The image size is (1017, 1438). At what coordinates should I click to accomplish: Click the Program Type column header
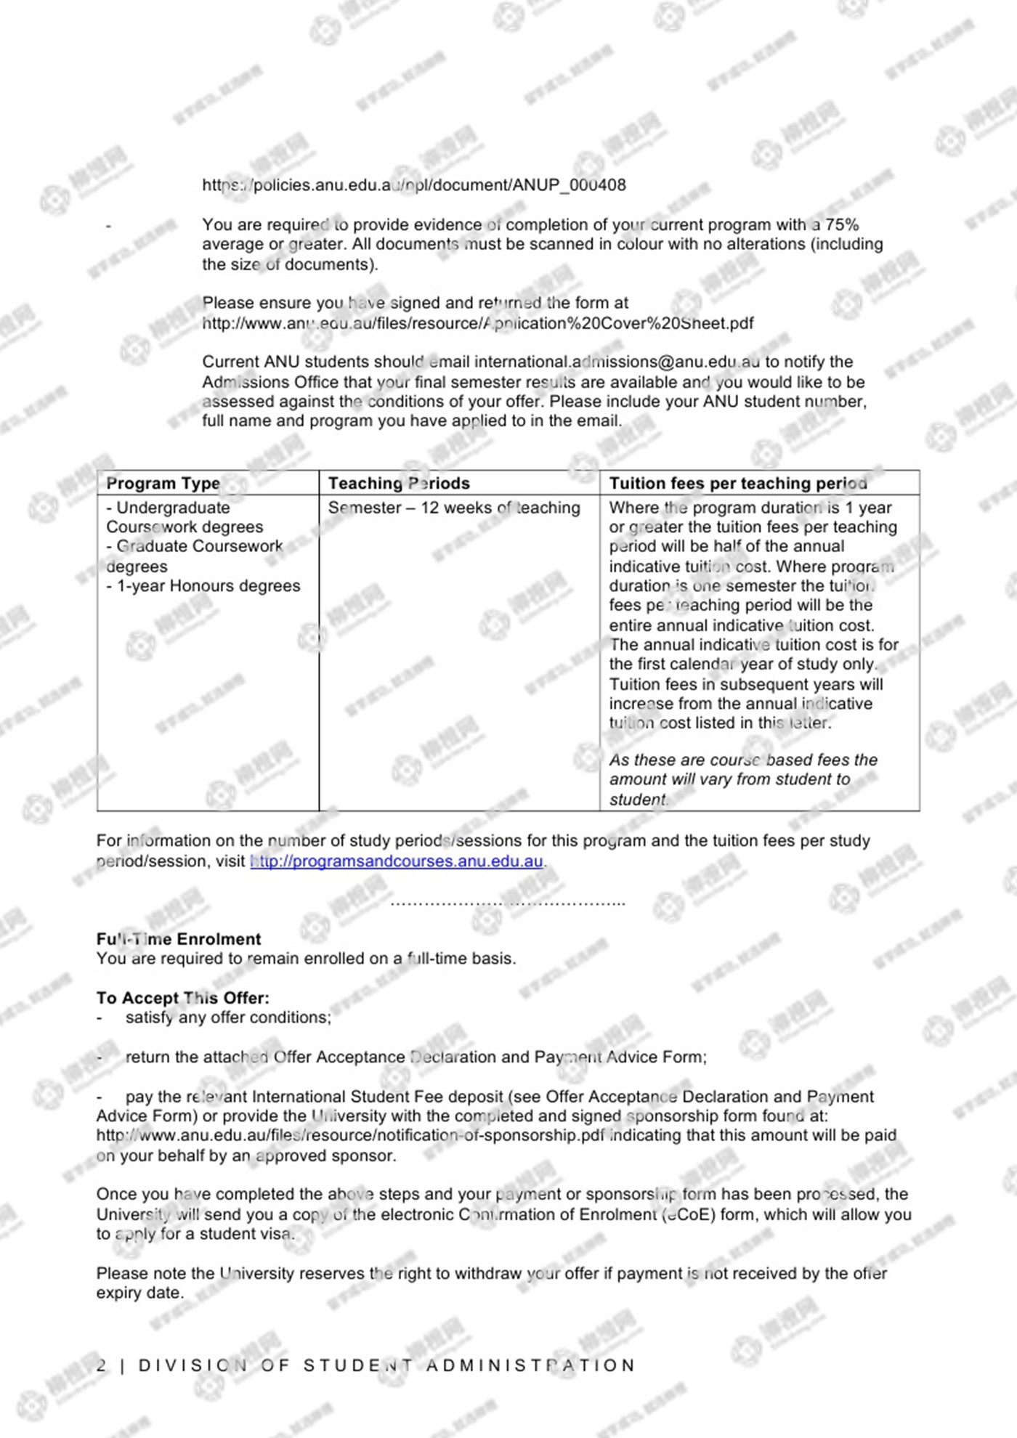click(x=163, y=484)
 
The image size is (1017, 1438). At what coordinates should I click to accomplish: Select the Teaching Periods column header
click(x=399, y=484)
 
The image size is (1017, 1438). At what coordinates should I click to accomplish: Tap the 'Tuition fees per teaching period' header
click(x=738, y=484)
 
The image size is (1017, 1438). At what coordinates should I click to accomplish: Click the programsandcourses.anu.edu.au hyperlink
click(x=397, y=861)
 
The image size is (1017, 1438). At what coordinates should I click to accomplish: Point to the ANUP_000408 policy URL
click(x=413, y=185)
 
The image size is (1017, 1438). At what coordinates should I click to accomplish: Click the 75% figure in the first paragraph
click(x=842, y=224)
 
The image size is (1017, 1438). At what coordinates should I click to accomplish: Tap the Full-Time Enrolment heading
click(x=179, y=939)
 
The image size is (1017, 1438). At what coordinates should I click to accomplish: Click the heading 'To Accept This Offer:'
click(x=182, y=998)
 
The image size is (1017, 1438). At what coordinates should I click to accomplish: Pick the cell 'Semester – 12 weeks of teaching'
click(x=454, y=508)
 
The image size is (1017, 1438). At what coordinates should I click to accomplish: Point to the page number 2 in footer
click(x=102, y=1365)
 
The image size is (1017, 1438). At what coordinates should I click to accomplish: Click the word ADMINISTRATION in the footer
click(x=530, y=1365)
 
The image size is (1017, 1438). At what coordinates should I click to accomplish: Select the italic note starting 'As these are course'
click(x=742, y=779)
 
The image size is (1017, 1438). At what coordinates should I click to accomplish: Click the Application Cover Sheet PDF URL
click(x=477, y=323)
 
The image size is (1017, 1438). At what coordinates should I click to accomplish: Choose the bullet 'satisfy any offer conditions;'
click(x=228, y=1017)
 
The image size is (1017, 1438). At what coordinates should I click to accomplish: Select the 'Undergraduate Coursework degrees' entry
click(x=184, y=517)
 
